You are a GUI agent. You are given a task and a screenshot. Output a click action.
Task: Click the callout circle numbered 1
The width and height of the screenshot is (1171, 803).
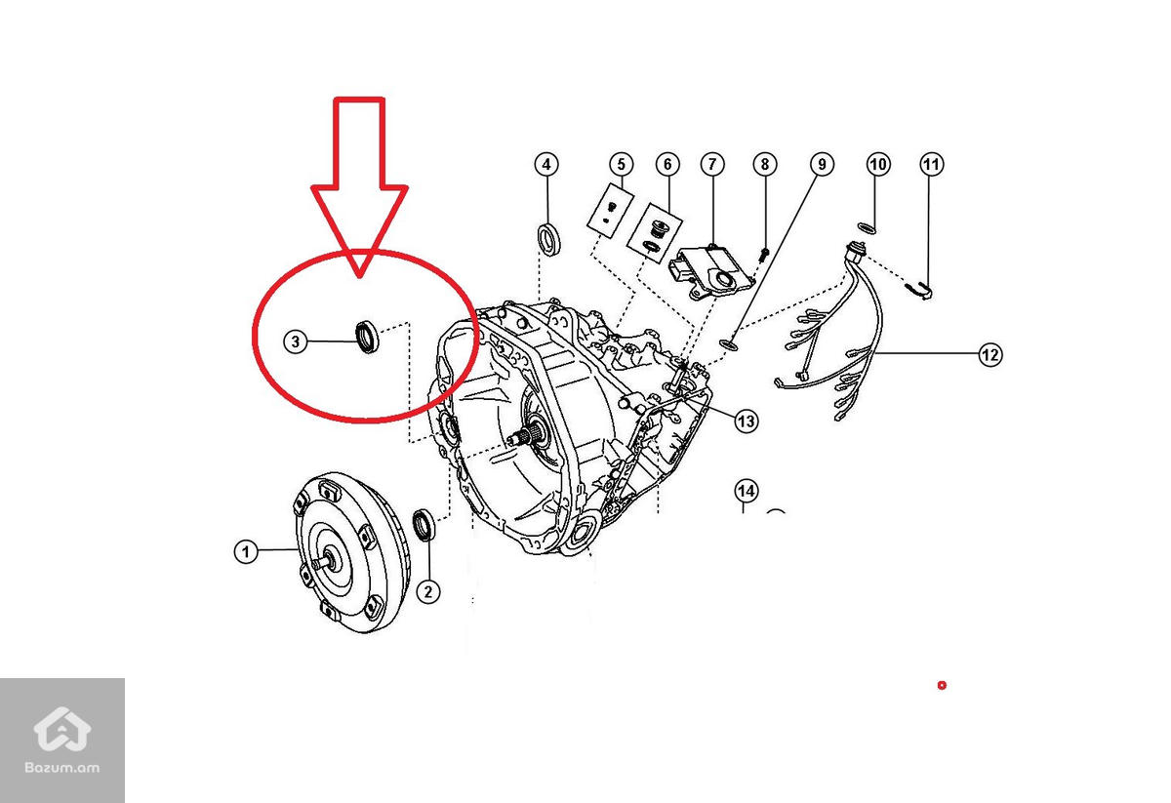(246, 552)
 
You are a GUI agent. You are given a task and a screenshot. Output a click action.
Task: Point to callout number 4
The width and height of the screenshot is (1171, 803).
(546, 164)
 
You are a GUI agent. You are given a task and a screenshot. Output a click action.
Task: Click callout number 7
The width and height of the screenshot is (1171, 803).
(711, 164)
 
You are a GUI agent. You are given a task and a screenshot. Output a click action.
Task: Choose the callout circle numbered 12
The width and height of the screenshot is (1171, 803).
(989, 355)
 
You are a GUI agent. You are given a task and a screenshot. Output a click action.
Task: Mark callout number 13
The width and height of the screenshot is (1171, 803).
(746, 422)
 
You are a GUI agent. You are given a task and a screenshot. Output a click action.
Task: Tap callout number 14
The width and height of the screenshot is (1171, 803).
(746, 490)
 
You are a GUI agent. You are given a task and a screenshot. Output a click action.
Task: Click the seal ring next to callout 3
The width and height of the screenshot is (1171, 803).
(367, 335)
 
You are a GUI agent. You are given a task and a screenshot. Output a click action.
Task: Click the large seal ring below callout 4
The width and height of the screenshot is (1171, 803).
(551, 238)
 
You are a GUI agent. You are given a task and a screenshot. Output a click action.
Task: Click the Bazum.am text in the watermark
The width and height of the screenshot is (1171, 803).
(62, 767)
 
